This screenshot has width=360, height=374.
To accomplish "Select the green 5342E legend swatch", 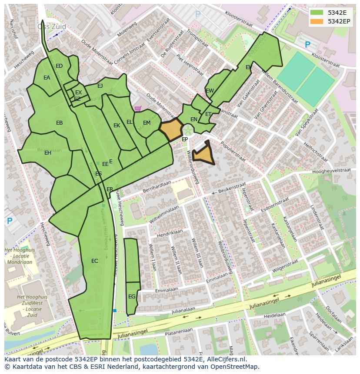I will (317, 13).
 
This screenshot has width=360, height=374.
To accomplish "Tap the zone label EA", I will (47, 78).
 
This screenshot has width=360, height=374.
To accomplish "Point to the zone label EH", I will (48, 153).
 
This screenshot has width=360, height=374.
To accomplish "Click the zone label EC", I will (94, 261).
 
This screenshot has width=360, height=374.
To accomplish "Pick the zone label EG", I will (132, 297).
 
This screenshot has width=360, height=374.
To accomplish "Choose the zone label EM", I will (147, 123).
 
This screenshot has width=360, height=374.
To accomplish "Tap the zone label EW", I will (210, 91).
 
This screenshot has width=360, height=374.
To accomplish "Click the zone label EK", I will (117, 126).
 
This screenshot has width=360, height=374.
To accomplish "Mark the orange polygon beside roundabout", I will (171, 129).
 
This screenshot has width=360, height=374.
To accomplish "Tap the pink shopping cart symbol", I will (138, 109).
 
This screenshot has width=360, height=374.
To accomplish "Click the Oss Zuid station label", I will (52, 26).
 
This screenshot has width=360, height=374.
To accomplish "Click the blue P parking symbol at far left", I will (10, 221).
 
